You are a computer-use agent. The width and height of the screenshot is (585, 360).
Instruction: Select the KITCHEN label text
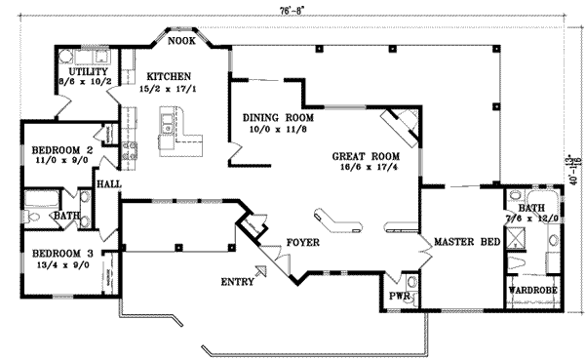(169, 76)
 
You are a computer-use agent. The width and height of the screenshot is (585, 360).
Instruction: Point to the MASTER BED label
(461, 241)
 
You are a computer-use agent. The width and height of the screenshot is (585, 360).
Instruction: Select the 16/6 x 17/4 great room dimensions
(363, 169)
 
